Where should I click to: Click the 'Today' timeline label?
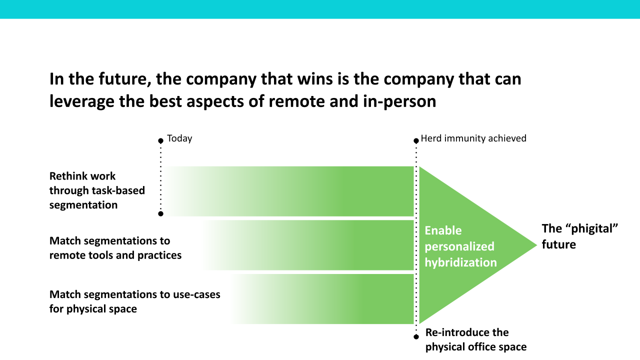tap(179, 138)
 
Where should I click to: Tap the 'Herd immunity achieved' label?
tap(473, 138)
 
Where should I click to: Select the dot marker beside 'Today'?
tap(160, 141)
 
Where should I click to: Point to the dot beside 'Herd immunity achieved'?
tap(416, 141)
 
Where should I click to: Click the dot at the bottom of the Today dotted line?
tap(160, 213)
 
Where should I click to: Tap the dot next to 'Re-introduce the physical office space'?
tap(416, 337)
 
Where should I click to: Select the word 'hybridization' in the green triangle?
tap(460, 262)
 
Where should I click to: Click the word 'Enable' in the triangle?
tap(443, 230)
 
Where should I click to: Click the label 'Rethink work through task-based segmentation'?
tap(97, 190)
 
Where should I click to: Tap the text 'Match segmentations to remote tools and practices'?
tap(115, 248)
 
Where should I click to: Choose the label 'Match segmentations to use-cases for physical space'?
tap(134, 301)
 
